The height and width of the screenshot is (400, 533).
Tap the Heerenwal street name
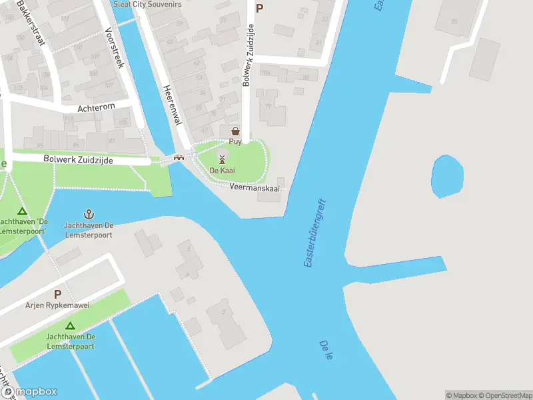tap(173, 105)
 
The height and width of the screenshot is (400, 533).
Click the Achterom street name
tap(97, 106)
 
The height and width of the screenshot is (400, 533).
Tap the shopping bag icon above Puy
tap(235, 131)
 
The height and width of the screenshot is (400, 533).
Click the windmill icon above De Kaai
tap(223, 160)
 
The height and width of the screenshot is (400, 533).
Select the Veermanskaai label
tap(253, 189)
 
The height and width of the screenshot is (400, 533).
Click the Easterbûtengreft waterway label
tap(314, 233)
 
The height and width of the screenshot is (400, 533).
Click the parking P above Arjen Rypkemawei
tap(57, 294)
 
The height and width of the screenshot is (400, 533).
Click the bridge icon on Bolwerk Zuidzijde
tap(179, 158)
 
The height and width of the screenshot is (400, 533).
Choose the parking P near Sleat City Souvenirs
tap(259, 8)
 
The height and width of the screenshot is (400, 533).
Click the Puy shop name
tap(235, 142)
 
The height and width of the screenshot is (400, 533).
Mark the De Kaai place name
tap(223, 171)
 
